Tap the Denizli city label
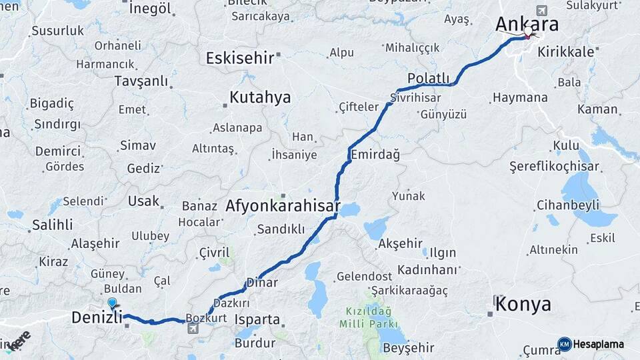pos(97,319)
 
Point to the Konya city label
pos(524,305)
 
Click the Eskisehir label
pos(240,58)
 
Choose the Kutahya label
pos(260,97)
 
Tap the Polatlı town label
pos(429,79)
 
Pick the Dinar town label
pos(262,283)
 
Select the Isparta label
pos(257,319)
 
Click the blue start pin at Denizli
pos(112,303)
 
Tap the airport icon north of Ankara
pos(541,11)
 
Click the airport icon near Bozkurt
pos(193,328)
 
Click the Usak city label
pos(144,201)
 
